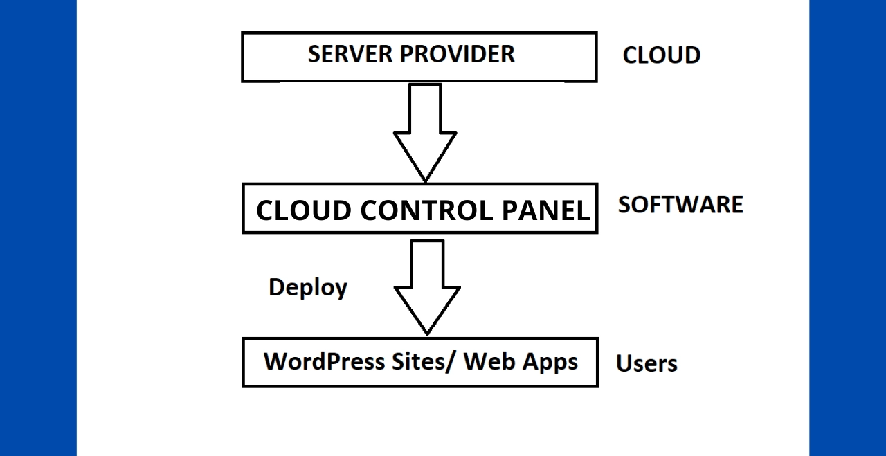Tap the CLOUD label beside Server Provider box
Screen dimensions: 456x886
click(x=661, y=55)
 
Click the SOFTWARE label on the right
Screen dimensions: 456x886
click(x=680, y=205)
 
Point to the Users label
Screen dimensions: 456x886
click(x=647, y=363)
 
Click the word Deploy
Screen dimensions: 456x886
click(x=308, y=287)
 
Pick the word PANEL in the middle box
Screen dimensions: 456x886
click(x=547, y=210)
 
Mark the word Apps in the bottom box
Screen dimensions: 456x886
click(x=550, y=361)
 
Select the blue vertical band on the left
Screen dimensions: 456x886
click(x=38, y=228)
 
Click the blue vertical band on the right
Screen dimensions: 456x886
click(x=847, y=228)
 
